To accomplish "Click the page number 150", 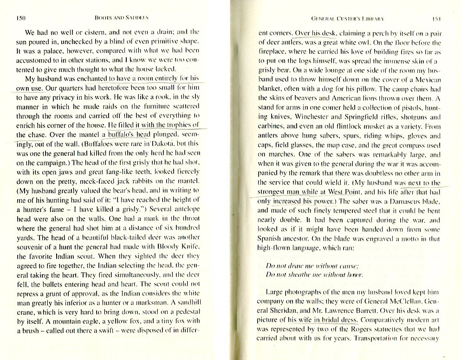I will [x=20, y=19].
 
